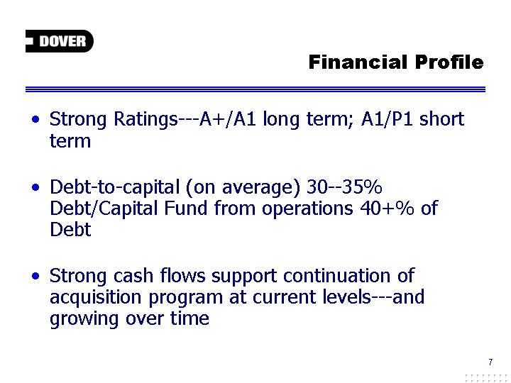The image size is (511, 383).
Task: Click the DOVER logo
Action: (60, 41)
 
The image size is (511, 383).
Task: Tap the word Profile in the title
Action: (449, 62)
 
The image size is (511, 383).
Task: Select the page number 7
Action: (490, 362)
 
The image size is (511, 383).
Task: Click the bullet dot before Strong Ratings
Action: (36, 119)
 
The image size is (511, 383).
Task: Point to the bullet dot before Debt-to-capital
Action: (36, 187)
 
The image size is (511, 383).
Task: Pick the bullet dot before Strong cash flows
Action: (36, 276)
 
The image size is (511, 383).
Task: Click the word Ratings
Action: (146, 120)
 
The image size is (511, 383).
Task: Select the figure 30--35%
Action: (344, 187)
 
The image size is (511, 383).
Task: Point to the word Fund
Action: (185, 208)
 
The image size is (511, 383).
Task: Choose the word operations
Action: (307, 209)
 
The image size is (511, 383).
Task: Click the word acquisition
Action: (96, 298)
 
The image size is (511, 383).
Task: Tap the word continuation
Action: (336, 275)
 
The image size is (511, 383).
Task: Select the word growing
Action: (84, 319)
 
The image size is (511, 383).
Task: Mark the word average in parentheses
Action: (260, 188)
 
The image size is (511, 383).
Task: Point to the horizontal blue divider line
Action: (255, 89)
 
